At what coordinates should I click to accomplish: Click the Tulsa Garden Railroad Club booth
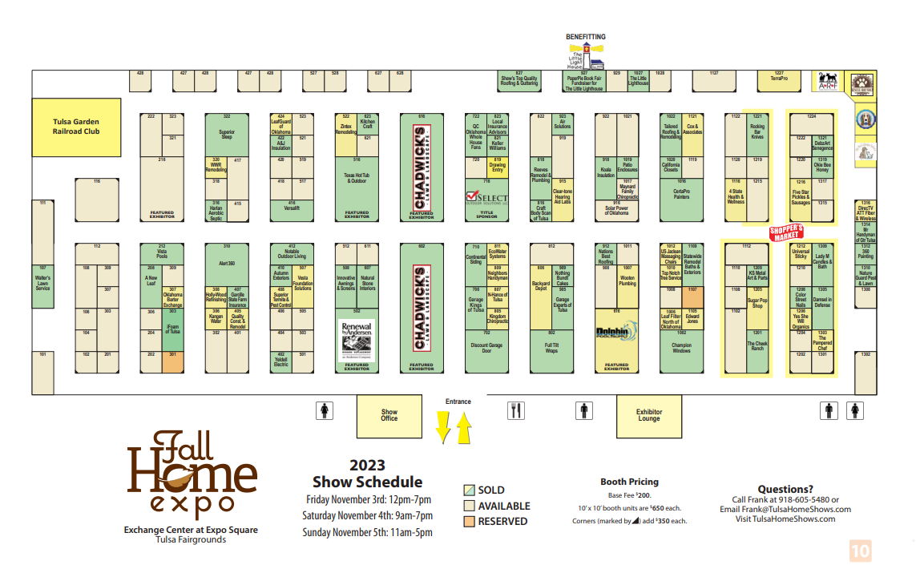point(76,127)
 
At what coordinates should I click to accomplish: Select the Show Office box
point(389,415)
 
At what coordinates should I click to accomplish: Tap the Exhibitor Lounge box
point(649,415)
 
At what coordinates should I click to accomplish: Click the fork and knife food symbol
point(516,411)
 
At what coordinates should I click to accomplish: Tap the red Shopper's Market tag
point(786,232)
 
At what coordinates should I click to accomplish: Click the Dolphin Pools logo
point(616,332)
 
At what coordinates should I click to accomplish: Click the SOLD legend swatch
point(470,490)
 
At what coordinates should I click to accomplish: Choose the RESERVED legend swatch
point(470,521)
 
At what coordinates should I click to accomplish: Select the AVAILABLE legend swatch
point(470,506)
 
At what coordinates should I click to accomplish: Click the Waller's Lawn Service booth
point(42,284)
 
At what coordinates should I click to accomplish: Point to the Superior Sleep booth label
point(227,135)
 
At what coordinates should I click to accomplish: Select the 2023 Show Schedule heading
point(367,474)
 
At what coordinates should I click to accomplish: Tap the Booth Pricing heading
point(629,482)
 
